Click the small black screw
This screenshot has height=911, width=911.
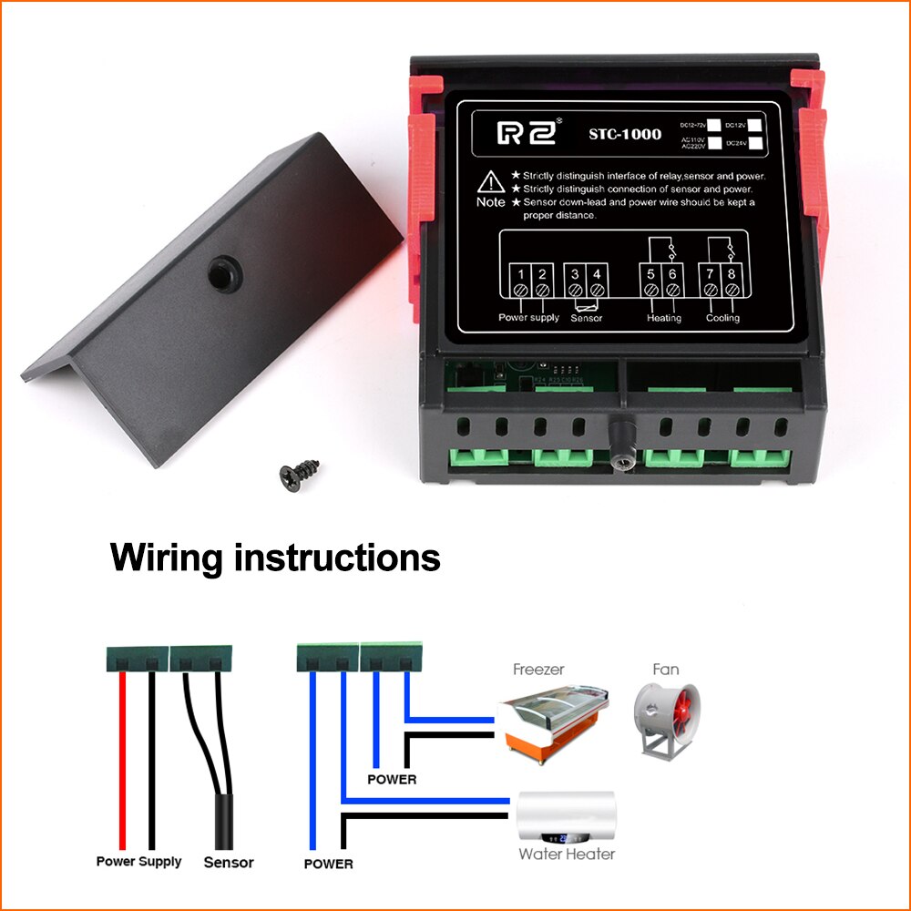tap(299, 474)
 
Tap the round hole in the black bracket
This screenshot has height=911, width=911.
tap(221, 272)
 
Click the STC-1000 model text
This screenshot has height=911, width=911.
tap(625, 135)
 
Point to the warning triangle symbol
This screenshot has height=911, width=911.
tap(490, 179)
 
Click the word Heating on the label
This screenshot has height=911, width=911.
tap(663, 318)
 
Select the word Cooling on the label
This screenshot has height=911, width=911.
tap(722, 318)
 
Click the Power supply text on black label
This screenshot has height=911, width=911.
tap(528, 318)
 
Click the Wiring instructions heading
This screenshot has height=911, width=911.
tap(275, 557)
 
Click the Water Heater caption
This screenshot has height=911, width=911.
tap(567, 855)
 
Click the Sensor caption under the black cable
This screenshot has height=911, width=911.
tap(229, 862)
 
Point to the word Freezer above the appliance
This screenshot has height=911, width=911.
tap(538, 670)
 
